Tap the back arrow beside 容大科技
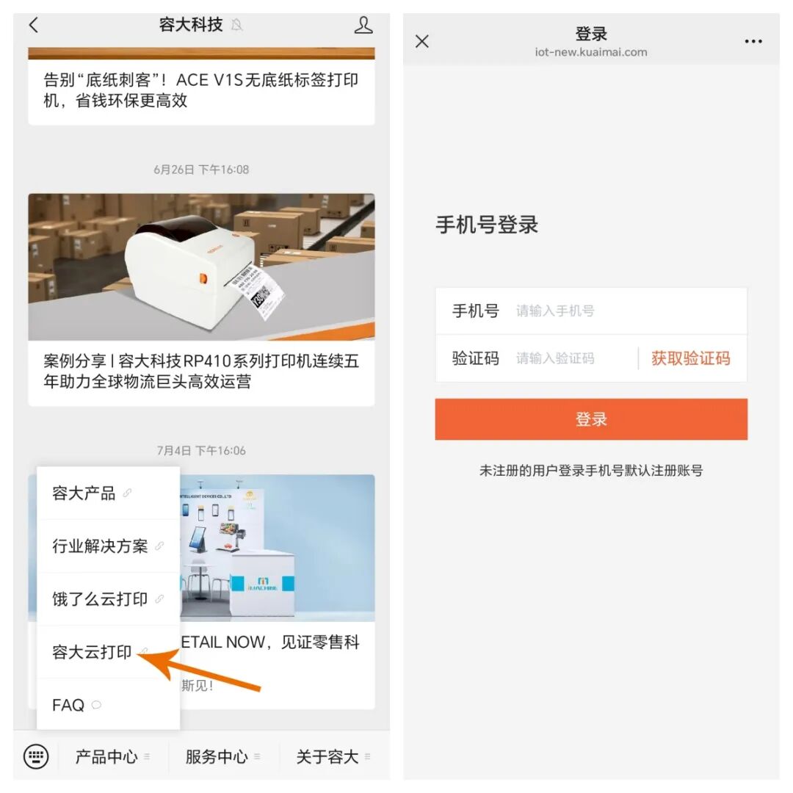coord(34,25)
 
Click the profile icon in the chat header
coord(363,25)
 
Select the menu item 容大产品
coord(84,493)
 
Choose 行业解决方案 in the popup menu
coord(101,546)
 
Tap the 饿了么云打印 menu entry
coord(101,599)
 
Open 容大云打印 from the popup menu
coord(93,652)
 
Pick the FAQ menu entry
coord(69,705)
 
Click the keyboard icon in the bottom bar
coord(36,756)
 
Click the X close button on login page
coord(422,41)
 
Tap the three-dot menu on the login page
coord(753,41)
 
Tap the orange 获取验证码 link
coord(690,358)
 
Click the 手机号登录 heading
coord(487,225)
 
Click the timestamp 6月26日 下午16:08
coord(201,170)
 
